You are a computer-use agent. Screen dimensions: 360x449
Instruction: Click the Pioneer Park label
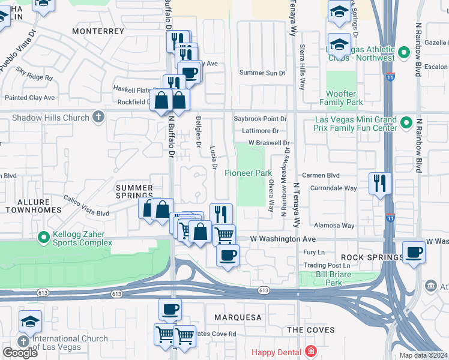(248, 173)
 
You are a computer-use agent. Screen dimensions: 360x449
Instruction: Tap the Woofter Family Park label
(349, 98)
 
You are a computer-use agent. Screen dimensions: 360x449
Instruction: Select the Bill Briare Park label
(325, 278)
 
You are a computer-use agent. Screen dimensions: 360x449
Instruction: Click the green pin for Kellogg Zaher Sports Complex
(43, 238)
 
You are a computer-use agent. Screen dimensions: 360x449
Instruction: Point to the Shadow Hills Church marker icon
(98, 118)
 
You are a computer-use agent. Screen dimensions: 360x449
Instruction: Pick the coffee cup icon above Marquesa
(170, 309)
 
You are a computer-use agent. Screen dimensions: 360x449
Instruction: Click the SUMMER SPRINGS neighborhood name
(134, 191)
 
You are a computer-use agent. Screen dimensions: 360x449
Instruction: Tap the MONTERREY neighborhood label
(98, 31)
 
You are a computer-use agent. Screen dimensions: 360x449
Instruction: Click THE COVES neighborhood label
(307, 330)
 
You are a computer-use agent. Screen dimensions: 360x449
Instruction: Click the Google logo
(20, 353)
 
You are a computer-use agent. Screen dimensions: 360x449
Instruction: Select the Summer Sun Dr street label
(262, 73)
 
